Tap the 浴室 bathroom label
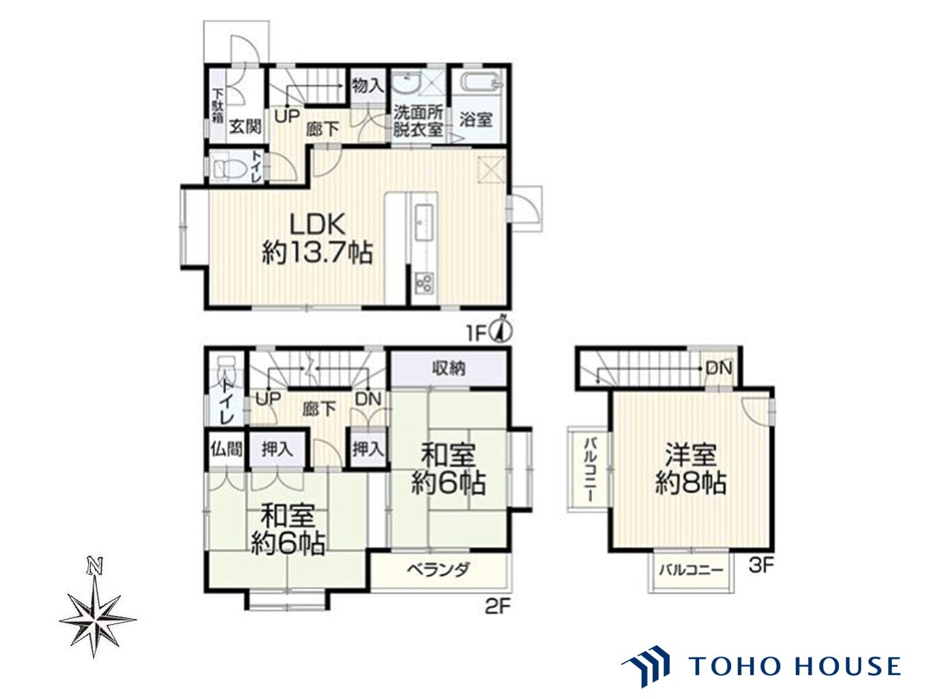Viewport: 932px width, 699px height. click(476, 119)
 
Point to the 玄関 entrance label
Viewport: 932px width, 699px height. click(245, 127)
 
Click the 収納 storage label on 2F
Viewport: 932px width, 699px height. click(449, 368)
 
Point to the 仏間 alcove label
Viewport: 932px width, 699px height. click(226, 449)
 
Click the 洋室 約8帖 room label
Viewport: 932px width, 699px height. click(690, 468)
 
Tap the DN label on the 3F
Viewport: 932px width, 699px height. click(719, 368)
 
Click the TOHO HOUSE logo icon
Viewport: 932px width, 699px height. click(646, 669)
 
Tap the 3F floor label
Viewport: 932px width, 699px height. click(762, 566)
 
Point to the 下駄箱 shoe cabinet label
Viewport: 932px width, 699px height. click(218, 106)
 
